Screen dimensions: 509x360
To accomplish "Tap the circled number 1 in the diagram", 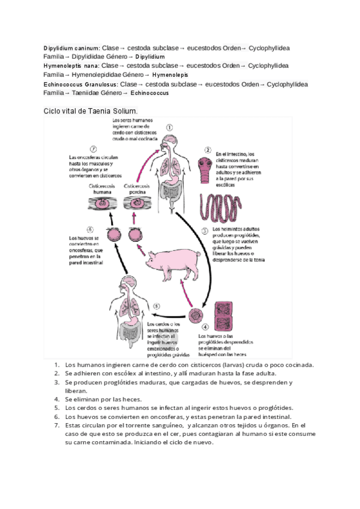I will coord(170,128).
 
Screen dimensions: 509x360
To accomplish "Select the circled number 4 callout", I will coord(205,327).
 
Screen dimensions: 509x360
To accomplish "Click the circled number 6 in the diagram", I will coord(90,229).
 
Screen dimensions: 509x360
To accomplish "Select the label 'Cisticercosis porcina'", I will coord(136,190).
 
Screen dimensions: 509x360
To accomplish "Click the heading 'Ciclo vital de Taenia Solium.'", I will coord(91,111).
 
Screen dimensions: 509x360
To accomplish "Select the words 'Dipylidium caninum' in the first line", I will coord(71,47).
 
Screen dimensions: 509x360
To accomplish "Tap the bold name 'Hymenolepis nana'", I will coord(71,65).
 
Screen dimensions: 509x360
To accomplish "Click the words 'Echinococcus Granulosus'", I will coord(80,85).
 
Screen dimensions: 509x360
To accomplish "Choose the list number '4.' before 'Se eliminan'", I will coord(56,399).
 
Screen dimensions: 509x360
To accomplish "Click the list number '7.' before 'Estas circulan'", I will coord(56,426).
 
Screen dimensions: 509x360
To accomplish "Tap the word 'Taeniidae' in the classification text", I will coord(80,93).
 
